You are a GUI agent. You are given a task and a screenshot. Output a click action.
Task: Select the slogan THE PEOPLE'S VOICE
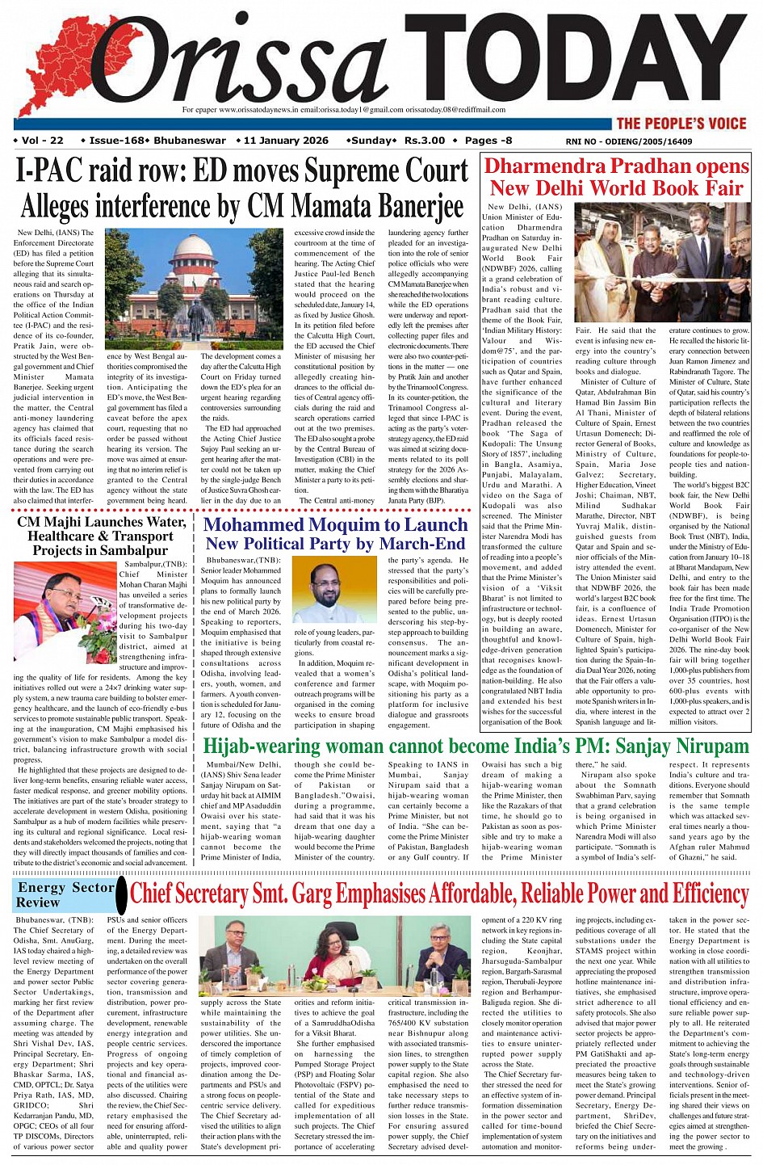681,124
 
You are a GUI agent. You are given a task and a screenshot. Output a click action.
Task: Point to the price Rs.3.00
425,141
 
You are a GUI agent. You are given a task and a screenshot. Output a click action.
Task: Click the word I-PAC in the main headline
57,171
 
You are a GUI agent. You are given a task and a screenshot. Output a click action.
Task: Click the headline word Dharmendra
550,166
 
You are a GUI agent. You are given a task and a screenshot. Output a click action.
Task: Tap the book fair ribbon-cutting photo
662,263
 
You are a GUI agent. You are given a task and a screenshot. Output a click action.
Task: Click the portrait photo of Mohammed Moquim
334,592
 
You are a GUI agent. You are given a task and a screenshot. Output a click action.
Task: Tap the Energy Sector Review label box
66,894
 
